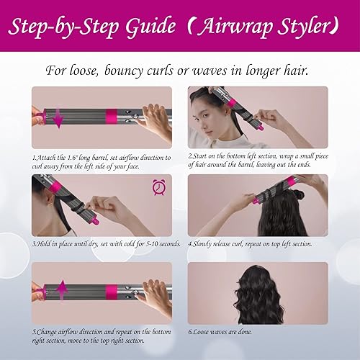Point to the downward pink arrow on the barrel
(x=58, y=119)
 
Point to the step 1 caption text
(x=101, y=161)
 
